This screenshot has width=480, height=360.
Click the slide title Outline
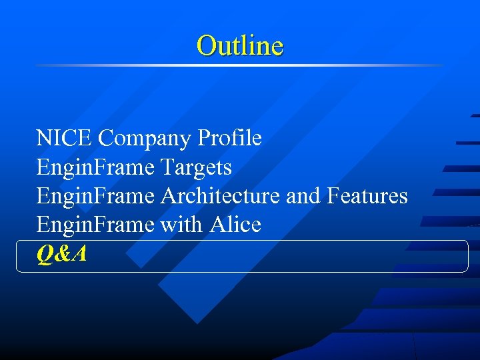coord(240,46)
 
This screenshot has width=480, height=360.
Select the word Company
coord(145,139)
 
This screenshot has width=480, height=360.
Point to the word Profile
coord(230,139)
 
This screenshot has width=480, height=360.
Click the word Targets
coord(197,167)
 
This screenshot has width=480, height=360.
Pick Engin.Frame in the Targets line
coord(95,167)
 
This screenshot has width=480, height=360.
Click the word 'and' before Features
coord(304,196)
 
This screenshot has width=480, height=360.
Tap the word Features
coord(367,196)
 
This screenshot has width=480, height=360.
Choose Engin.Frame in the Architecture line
coord(95,196)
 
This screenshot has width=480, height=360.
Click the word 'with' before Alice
coord(181,225)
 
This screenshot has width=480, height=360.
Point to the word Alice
coord(235,225)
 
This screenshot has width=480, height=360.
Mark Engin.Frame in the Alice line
coord(95,225)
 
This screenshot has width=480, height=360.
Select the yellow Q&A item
coord(62,254)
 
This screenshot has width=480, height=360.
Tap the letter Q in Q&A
coord(45,254)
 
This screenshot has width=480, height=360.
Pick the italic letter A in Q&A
coord(79,254)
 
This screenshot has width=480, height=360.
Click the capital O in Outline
coord(205,46)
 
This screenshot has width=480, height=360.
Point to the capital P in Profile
coord(203,139)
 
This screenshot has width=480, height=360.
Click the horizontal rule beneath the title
coord(240,65)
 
